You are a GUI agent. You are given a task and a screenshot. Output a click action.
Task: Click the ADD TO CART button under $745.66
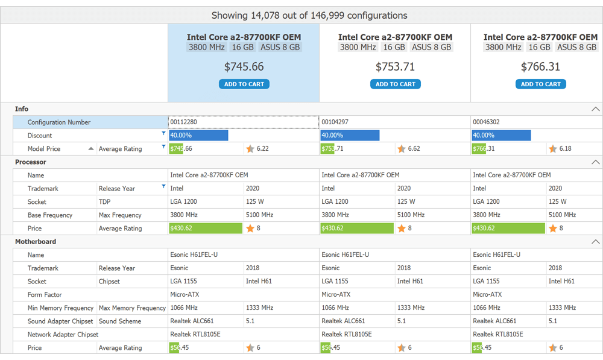click(x=244, y=84)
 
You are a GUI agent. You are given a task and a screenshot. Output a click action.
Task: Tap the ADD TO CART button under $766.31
click(x=540, y=84)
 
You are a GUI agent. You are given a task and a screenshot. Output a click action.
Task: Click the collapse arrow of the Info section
click(x=595, y=109)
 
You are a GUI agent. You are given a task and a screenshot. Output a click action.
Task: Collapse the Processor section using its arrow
click(x=595, y=162)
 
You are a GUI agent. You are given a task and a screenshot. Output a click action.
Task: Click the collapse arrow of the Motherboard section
click(x=595, y=242)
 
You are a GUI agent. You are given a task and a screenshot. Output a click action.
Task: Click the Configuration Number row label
click(x=59, y=122)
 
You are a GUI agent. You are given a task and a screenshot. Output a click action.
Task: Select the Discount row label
click(x=40, y=136)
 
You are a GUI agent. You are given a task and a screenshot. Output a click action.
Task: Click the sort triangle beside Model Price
click(x=91, y=148)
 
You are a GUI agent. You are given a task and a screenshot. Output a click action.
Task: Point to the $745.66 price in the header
click(x=244, y=67)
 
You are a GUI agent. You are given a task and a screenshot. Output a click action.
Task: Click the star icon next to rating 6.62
click(x=401, y=149)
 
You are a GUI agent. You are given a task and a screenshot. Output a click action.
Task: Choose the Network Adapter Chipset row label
click(x=63, y=335)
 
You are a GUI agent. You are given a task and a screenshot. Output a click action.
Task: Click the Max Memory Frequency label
click(x=131, y=308)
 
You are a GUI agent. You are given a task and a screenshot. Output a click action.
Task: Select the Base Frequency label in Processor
click(x=50, y=215)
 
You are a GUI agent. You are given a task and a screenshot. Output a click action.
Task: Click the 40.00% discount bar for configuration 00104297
click(x=350, y=136)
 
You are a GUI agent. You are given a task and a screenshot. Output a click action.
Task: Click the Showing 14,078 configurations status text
click(x=309, y=16)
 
